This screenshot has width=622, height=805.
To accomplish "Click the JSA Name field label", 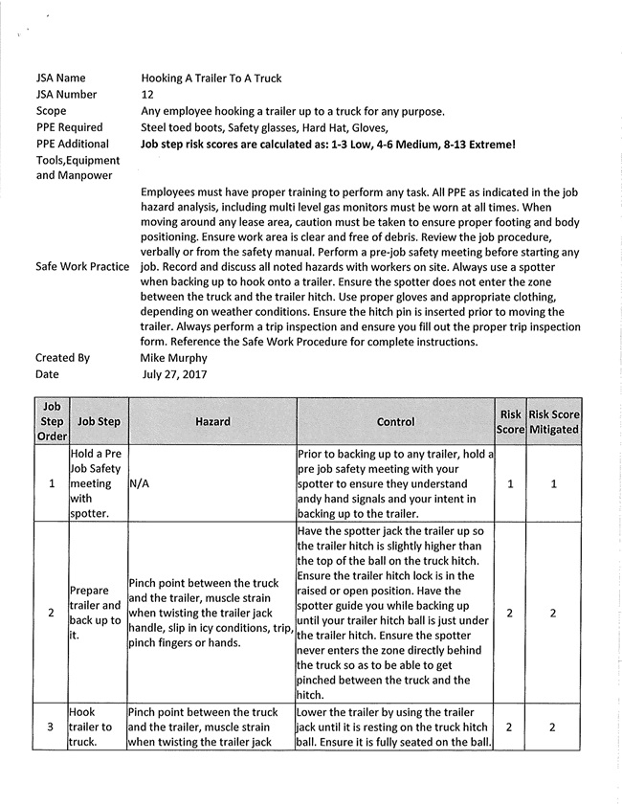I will pyautogui.click(x=60, y=78).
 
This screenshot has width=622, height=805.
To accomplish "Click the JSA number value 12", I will pyautogui.click(x=147, y=95).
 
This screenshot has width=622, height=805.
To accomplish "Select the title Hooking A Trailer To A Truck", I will pyautogui.click(x=211, y=78).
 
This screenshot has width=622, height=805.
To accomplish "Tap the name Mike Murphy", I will pyautogui.click(x=172, y=358).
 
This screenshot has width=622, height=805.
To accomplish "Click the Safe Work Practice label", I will pyautogui.click(x=82, y=266).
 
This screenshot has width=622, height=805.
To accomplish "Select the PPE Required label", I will pyautogui.click(x=69, y=127).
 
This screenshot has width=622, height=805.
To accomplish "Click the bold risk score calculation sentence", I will pyautogui.click(x=328, y=145).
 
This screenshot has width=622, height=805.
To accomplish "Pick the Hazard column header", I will pyautogui.click(x=211, y=421).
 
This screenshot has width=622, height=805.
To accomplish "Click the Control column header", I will pyautogui.click(x=395, y=421).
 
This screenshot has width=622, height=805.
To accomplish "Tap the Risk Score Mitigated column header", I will pyautogui.click(x=554, y=421).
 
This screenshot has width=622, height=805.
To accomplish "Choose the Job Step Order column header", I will pyautogui.click(x=52, y=421).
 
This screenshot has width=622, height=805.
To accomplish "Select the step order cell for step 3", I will pyautogui.click(x=52, y=727).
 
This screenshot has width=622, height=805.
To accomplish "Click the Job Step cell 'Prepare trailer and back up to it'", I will pyautogui.click(x=96, y=612).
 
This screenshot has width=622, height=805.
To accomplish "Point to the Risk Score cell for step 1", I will pyautogui.click(x=510, y=484).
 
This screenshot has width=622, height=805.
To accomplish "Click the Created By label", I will pyautogui.click(x=62, y=358).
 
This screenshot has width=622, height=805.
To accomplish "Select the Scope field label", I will pyautogui.click(x=52, y=111).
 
